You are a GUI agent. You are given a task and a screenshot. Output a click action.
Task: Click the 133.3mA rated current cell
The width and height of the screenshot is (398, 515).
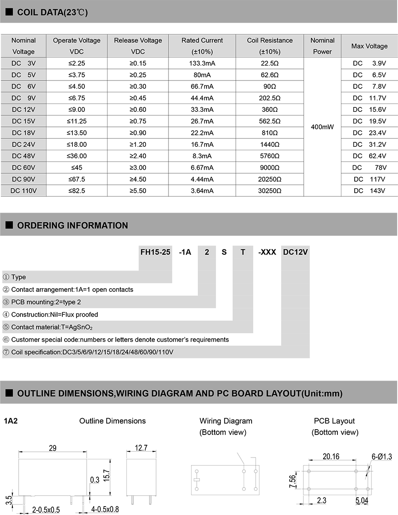click(202, 63)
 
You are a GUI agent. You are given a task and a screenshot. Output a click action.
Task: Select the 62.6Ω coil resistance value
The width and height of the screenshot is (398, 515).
click(270, 75)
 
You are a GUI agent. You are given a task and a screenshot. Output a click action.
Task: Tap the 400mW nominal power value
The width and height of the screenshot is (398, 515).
click(322, 127)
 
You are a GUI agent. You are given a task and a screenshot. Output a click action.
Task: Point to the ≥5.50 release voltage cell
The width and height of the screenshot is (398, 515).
click(138, 191)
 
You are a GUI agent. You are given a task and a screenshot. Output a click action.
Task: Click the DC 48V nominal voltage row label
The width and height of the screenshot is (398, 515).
click(23, 156)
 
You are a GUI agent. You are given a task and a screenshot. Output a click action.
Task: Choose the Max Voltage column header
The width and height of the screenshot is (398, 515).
click(369, 46)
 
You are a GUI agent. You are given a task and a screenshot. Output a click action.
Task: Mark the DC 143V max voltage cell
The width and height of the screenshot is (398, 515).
click(369, 191)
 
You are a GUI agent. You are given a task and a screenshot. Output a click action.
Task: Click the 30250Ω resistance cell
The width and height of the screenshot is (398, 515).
click(270, 191)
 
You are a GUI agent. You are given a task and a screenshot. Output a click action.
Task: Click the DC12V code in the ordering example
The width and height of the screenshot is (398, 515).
click(295, 252)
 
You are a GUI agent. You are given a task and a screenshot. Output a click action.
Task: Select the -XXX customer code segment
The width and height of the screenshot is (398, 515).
click(267, 252)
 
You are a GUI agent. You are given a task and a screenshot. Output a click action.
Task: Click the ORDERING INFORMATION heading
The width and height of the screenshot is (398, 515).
click(73, 225)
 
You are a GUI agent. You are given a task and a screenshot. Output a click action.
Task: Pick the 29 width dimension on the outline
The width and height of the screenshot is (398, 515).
click(53, 448)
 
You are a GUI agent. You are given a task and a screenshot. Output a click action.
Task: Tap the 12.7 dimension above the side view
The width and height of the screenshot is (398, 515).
click(141, 448)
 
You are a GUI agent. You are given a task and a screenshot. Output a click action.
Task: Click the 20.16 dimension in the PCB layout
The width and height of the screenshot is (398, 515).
click(331, 456)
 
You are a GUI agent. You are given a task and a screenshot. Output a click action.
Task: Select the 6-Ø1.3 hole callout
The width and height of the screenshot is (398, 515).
click(382, 457)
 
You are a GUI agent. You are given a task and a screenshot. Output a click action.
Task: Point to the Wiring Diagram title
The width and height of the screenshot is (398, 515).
click(226, 421)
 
